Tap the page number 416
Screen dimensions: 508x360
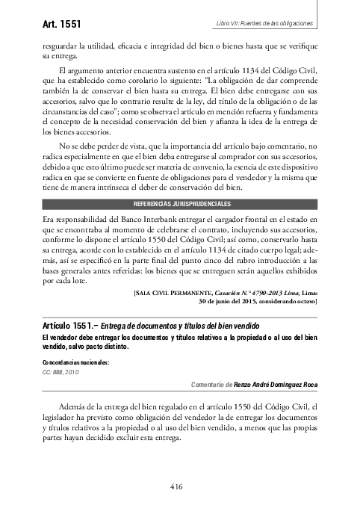coord(176,487)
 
